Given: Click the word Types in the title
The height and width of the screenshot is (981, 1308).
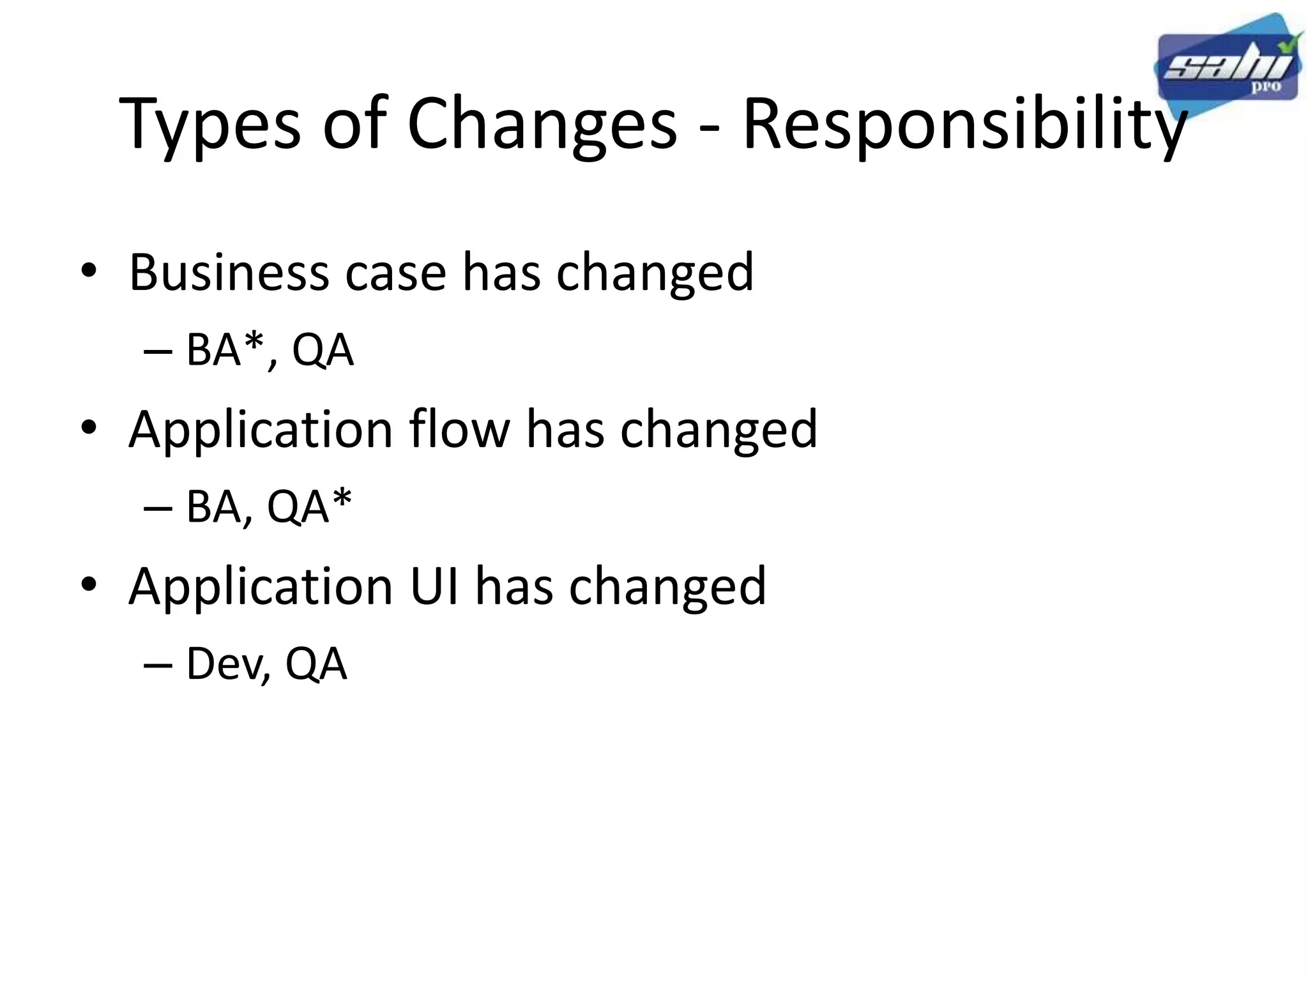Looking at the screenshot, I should [x=210, y=125].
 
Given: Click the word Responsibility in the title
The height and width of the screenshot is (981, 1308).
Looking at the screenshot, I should [x=964, y=125].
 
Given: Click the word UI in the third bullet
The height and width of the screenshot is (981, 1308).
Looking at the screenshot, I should [x=434, y=586].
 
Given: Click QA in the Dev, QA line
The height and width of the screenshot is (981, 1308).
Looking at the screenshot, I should [x=316, y=664].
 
